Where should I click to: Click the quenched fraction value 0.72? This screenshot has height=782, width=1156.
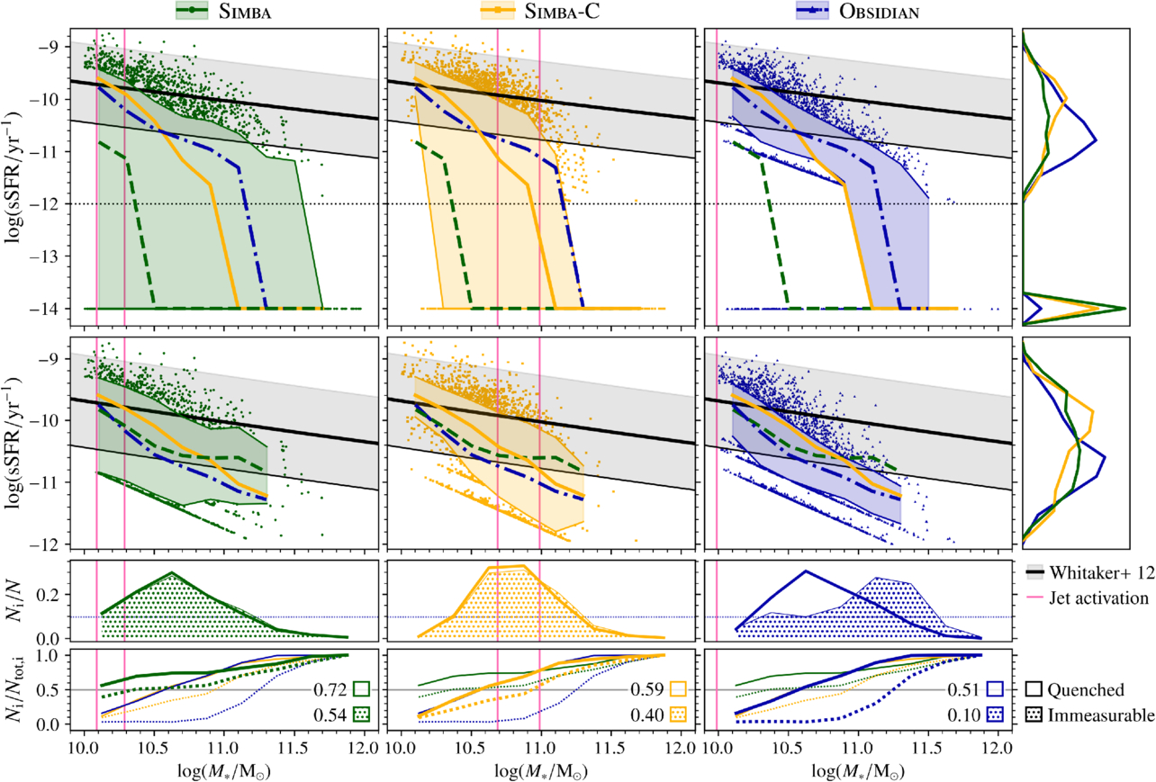(330, 690)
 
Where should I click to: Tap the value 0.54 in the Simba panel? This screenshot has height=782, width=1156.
(330, 715)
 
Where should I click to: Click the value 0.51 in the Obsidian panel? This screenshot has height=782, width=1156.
(965, 690)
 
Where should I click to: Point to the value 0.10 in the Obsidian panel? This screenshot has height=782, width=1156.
(965, 715)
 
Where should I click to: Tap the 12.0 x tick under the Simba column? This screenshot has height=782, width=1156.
(364, 749)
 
